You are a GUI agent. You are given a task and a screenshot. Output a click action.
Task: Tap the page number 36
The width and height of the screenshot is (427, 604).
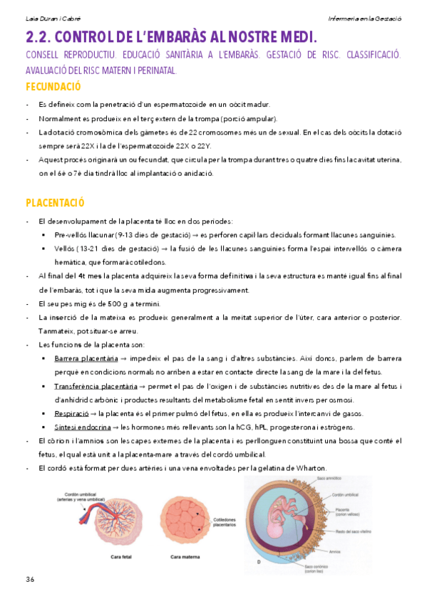click(x=30, y=578)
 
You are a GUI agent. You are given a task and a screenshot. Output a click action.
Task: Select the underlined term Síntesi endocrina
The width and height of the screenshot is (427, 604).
click(x=82, y=427)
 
